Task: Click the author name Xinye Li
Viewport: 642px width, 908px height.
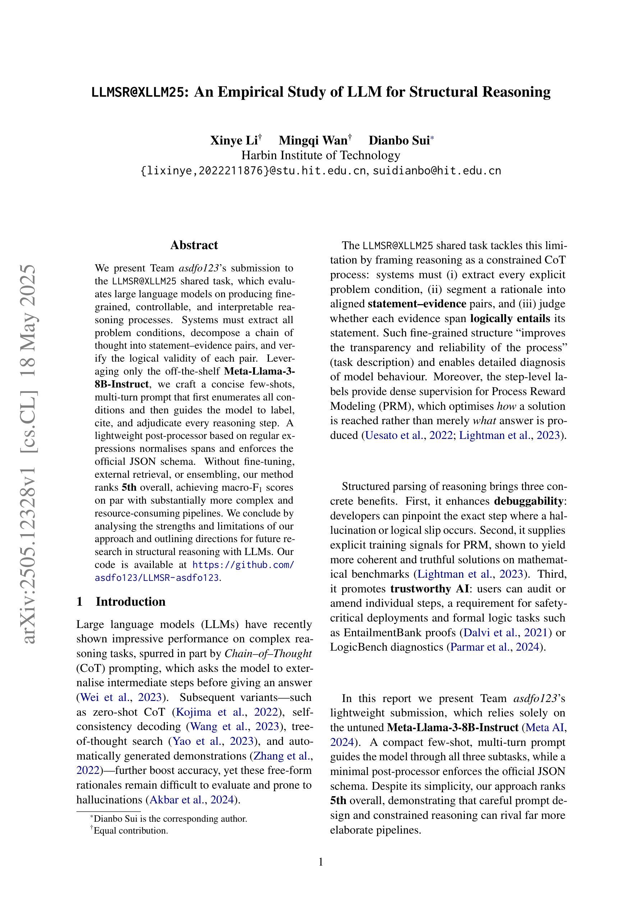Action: (x=233, y=141)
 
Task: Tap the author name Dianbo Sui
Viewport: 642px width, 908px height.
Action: (x=399, y=141)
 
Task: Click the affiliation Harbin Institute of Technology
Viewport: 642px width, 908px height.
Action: (x=321, y=155)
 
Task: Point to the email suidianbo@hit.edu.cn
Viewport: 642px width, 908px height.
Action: (x=437, y=171)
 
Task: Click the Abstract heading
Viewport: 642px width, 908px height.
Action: (x=194, y=245)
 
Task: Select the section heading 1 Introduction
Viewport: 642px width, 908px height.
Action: (x=121, y=601)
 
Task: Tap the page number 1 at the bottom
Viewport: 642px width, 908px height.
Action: (x=321, y=862)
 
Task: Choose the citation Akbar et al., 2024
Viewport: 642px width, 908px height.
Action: (x=192, y=800)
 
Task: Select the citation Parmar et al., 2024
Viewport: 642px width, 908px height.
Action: (x=495, y=647)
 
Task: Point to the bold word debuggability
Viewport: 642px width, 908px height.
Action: (x=528, y=501)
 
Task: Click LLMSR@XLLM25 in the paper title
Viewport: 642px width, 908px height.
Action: (x=138, y=92)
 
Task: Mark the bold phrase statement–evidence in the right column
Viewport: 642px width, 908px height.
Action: (x=417, y=304)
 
